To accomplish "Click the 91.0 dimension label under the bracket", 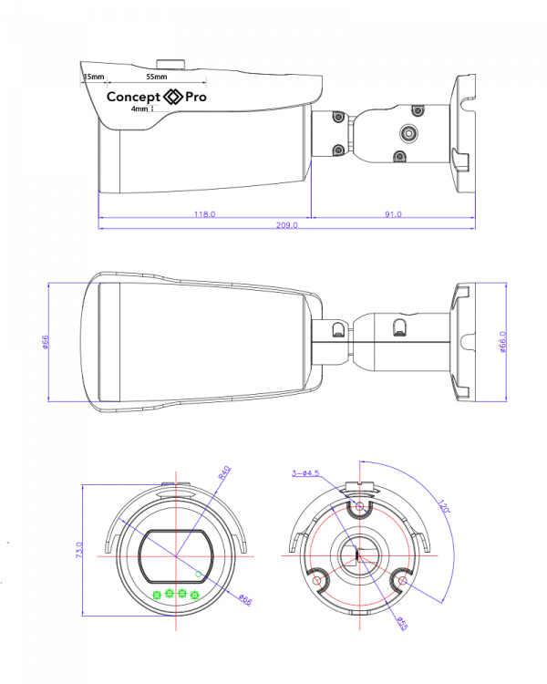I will tap(393, 214).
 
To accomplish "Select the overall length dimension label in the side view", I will tap(287, 224).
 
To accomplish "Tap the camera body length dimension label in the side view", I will tap(204, 214).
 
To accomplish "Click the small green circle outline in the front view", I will tap(199, 574).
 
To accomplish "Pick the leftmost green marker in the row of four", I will tap(157, 595).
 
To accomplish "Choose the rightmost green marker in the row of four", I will tap(195, 595).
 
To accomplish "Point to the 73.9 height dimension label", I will tap(79, 551).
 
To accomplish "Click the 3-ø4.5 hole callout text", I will tap(305, 473).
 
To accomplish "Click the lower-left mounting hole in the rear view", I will tap(320, 576).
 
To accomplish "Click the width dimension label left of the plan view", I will tap(45, 342).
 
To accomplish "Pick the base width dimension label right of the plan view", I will tap(502, 342).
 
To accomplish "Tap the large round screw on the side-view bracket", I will tap(409, 134).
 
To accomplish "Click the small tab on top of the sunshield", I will tap(170, 65).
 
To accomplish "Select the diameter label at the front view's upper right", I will tap(224, 472).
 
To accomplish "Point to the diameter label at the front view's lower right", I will tap(244, 600).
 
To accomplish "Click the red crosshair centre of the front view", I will tap(176, 555).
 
